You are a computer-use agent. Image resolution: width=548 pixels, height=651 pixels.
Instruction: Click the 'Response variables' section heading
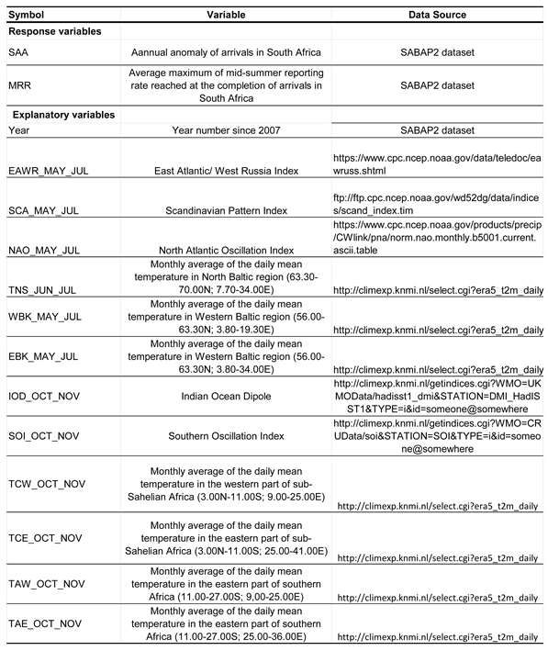pos(55,31)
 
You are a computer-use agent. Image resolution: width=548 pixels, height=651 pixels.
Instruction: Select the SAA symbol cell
pos(20,52)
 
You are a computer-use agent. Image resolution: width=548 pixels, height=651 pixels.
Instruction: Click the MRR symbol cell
pos(21,85)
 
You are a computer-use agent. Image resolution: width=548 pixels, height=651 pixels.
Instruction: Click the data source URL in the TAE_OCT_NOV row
pos(437,636)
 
